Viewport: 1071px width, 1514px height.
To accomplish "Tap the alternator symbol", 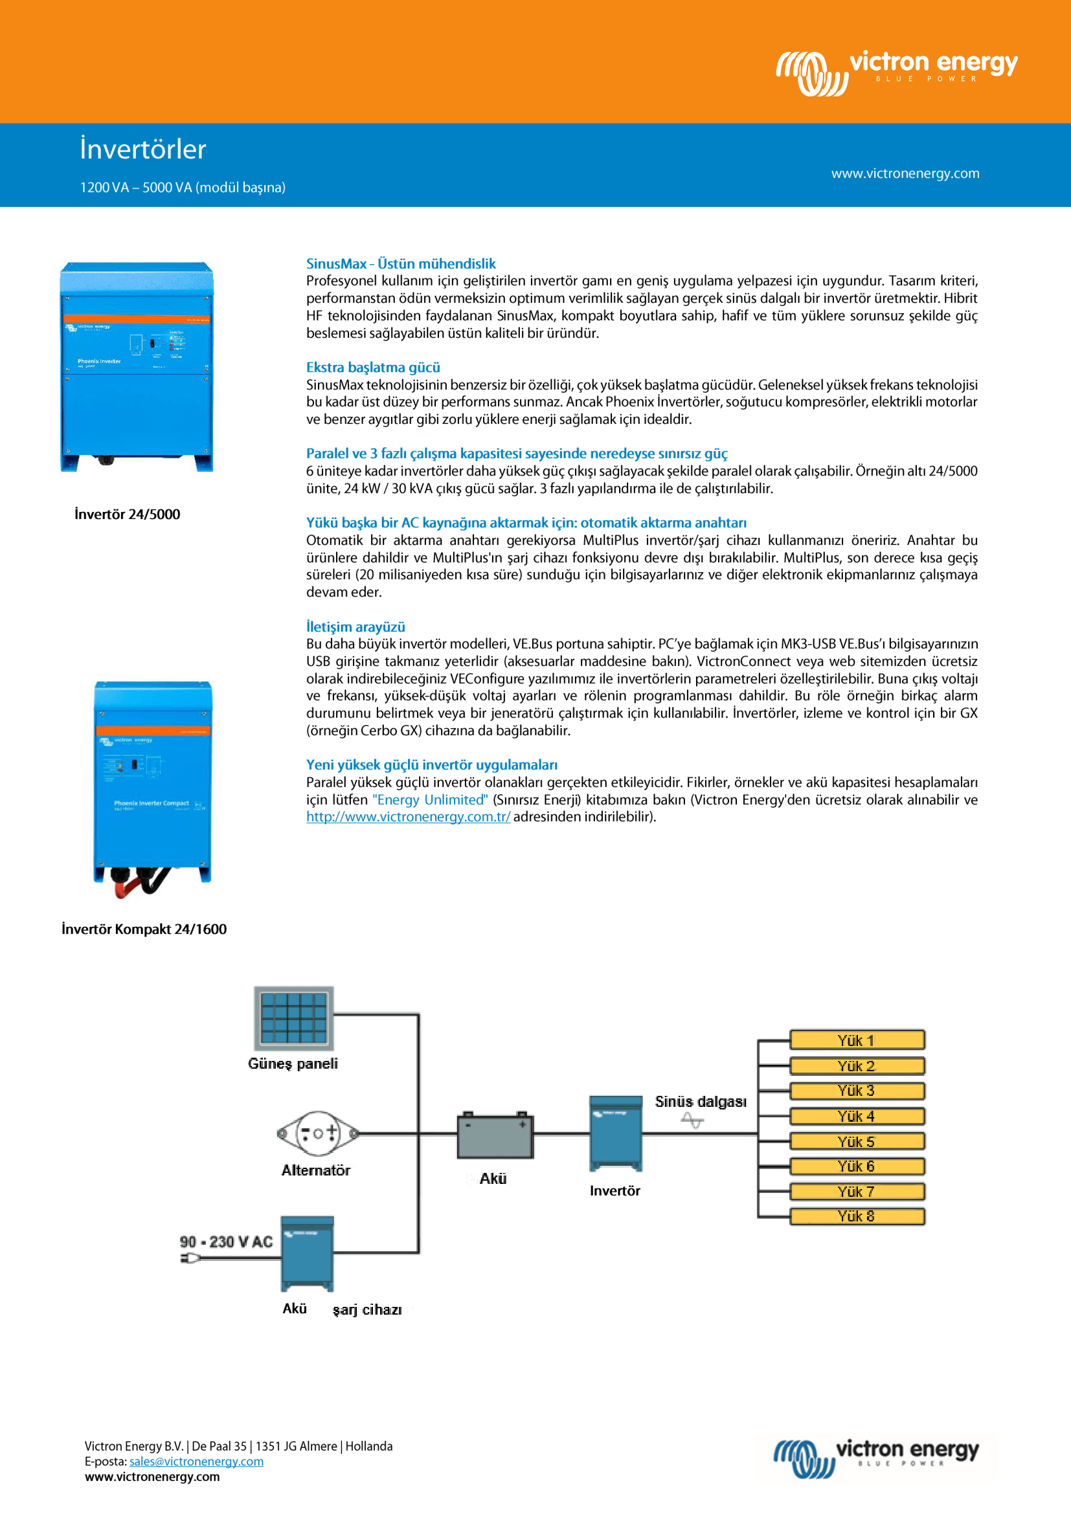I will pos(318,1133).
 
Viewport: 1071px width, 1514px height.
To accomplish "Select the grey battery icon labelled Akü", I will pos(495,1135).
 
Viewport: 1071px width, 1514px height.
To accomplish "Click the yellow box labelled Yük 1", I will pos(857,1040).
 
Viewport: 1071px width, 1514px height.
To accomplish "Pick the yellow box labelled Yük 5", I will pos(857,1141).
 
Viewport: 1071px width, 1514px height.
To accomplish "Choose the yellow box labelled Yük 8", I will pos(857,1216).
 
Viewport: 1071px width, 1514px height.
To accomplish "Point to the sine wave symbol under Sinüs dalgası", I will pos(692,1120).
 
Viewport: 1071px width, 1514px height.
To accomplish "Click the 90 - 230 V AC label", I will pos(225,1241).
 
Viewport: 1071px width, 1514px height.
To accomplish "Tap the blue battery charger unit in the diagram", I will pos(308,1254).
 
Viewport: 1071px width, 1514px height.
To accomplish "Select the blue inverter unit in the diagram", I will pos(615,1132).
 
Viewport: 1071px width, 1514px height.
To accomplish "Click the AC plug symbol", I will pos(190,1258).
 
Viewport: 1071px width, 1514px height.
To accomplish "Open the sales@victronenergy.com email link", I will pos(197,1462).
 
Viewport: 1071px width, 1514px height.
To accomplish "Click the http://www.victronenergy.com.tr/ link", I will pos(408,816).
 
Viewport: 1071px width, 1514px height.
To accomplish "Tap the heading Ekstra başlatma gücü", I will pos(372,367).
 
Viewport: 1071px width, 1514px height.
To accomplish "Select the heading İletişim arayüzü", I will pos(355,627).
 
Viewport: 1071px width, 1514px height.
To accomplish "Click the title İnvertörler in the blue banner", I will pos(143,149).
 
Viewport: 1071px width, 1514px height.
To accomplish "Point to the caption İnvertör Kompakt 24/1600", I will pos(144,929).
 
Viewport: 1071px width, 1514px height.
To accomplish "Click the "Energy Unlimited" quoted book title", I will pos(430,800).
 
